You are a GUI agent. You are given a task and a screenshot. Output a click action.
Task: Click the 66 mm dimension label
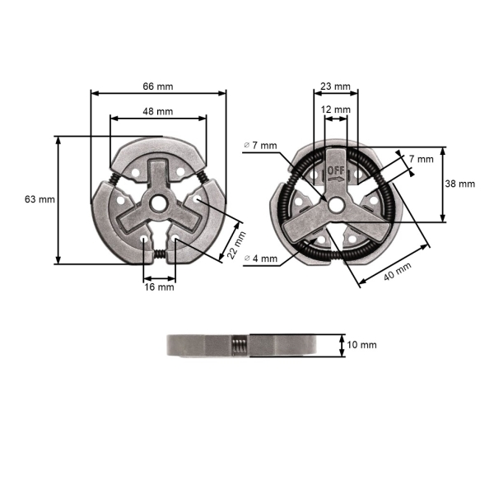pos(158,85)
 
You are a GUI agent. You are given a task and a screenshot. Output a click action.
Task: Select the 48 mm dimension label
pos(158,110)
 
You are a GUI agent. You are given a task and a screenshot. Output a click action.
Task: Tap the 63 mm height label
pos(40,199)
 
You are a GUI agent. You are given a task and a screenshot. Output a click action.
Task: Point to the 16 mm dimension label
pos(160,287)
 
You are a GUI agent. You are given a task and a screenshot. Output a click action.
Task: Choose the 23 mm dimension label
pos(335,86)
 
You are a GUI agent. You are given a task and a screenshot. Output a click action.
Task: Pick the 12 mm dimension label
pos(335,110)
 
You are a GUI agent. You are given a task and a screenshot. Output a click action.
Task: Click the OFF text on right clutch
pos(336,171)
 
